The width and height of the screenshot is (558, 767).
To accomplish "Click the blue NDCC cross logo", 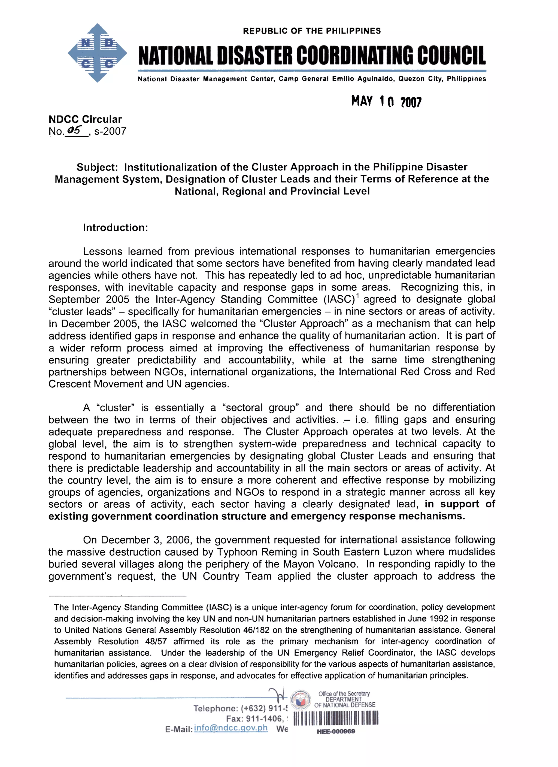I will tap(97, 53).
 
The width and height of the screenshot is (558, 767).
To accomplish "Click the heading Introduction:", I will tap(115, 228).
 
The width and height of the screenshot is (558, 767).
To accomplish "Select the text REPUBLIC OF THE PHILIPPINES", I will tap(312, 31).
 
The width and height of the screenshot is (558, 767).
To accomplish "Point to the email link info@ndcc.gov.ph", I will tap(231, 728).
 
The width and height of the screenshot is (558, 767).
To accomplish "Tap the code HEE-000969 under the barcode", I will tap(336, 731).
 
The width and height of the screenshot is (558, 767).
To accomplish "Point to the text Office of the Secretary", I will tap(344, 694).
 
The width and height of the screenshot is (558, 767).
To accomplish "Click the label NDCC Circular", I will tap(85, 119).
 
